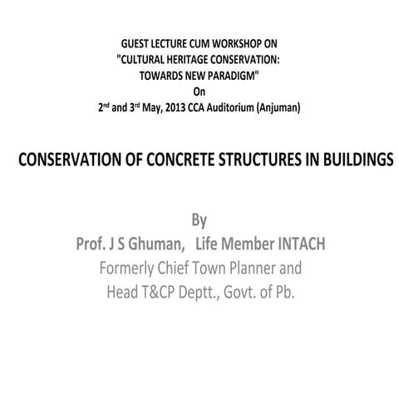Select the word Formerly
coord(134,268)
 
